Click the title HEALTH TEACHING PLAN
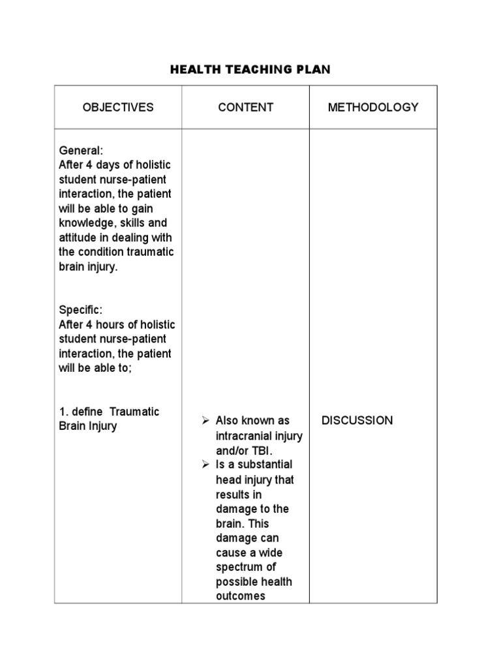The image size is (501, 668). [x=250, y=70]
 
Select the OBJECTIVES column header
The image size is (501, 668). [x=118, y=107]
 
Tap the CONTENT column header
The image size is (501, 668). [x=246, y=107]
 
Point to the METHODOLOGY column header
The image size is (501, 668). [x=373, y=107]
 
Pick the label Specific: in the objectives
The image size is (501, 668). [x=81, y=310]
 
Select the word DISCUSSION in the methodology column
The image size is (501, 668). [x=357, y=420]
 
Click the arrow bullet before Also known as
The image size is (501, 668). [x=205, y=421]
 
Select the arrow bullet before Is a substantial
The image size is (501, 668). [x=205, y=464]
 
